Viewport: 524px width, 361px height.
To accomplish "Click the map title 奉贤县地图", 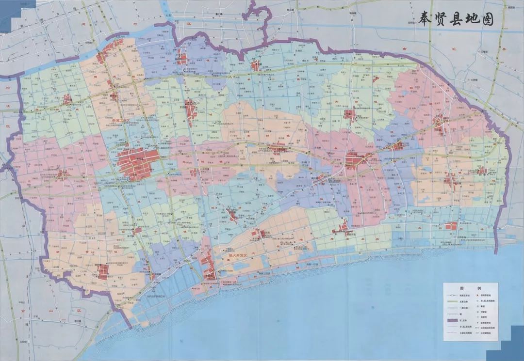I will (x=449, y=20).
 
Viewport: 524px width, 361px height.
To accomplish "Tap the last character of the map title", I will (x=487, y=20).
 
